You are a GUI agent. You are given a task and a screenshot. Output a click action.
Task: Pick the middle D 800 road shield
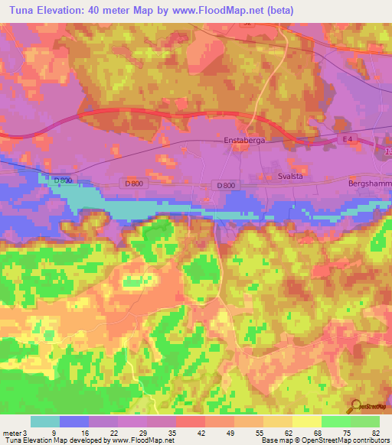coord(132,184)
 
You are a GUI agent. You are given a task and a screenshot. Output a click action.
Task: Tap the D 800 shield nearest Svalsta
coord(225,185)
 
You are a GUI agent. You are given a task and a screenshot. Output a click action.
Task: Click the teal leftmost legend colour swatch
coord(45,421)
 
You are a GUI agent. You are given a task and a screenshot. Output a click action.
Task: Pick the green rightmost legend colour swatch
coord(365,421)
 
